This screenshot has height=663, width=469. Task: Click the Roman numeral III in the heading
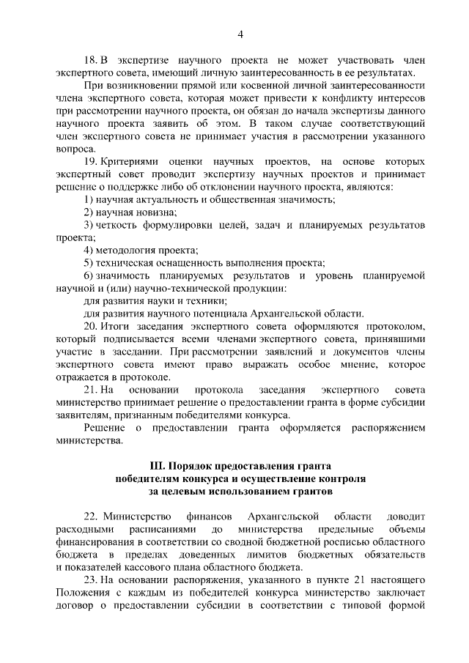click(x=156, y=465)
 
